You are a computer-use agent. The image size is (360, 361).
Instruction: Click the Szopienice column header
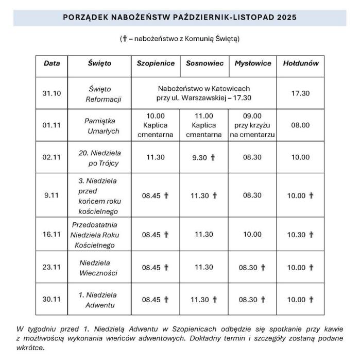coord(156,63)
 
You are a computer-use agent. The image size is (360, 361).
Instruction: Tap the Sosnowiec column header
coord(204,63)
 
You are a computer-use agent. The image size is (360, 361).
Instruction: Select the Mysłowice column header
coord(252,63)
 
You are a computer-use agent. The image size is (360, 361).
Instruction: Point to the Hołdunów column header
coord(301,63)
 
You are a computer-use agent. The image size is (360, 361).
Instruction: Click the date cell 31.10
coord(52,93)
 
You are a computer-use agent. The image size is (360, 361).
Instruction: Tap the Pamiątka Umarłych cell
coord(102,125)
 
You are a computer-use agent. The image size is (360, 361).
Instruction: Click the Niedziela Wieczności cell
coord(99,267)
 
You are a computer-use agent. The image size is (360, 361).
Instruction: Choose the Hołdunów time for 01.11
coord(301,125)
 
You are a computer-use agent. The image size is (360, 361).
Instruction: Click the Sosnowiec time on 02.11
coord(200,157)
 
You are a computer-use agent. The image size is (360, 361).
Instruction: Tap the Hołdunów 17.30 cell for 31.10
coord(301,93)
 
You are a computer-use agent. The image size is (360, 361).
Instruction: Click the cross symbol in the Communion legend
coord(124,38)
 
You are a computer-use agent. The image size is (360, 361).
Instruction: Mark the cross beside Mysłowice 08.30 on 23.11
coord(263,267)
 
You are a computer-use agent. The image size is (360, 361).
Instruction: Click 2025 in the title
coord(286,17)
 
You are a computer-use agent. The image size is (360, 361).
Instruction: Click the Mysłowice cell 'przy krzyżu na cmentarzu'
coord(252,125)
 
